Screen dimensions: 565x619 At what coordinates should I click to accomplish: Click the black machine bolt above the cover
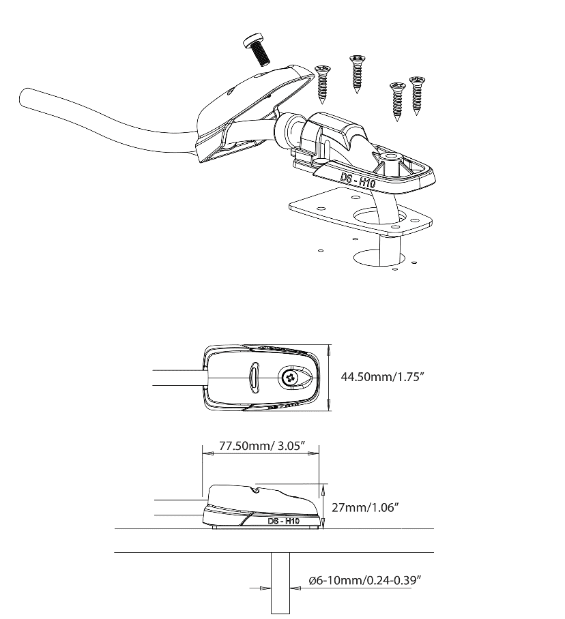coord(257,50)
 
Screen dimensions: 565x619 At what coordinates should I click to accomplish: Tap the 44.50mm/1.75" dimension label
coord(382,376)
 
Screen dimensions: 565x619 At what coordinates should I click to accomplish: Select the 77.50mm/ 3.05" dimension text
coord(262,446)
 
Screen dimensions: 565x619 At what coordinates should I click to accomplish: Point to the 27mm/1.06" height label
coord(364,507)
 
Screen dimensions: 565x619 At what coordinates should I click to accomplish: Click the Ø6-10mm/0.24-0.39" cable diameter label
coord(364,580)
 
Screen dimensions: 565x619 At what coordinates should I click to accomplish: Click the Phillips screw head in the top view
coord(291,378)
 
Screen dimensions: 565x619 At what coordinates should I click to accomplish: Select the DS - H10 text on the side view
coord(283,521)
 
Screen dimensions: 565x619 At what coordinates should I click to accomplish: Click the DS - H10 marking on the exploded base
coord(358,179)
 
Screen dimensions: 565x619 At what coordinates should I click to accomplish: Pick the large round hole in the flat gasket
coord(379,217)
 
